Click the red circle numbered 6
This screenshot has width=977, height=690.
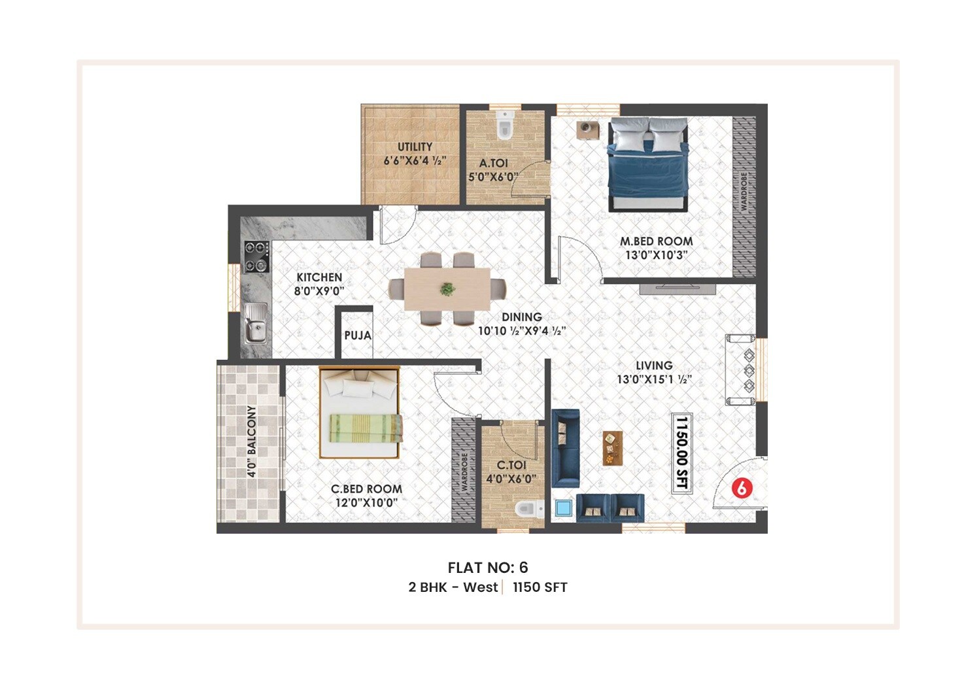coord(741,488)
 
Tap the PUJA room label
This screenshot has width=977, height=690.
coord(358,336)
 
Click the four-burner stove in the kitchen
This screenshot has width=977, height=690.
coord(257,256)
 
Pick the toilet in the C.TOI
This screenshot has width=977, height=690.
coord(528,509)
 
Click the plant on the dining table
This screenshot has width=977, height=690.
coord(447,288)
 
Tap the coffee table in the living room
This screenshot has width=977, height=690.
coord(612,448)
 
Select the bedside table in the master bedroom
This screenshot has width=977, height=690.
coord(587,129)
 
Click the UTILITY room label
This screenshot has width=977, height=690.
coord(415,147)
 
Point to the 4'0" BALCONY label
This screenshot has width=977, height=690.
coord(251,441)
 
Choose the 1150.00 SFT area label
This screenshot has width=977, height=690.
coord(681,453)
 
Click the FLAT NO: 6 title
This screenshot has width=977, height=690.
coord(488,567)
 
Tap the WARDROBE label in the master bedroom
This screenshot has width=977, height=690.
coord(743,192)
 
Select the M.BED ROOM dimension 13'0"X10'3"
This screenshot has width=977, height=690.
coord(656,255)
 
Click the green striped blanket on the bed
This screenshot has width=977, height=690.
coord(365,428)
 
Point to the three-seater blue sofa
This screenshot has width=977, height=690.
coord(565,448)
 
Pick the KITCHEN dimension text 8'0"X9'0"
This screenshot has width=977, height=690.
coord(318,292)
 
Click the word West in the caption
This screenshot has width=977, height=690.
coord(480,587)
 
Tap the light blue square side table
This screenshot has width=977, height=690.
coord(563,509)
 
